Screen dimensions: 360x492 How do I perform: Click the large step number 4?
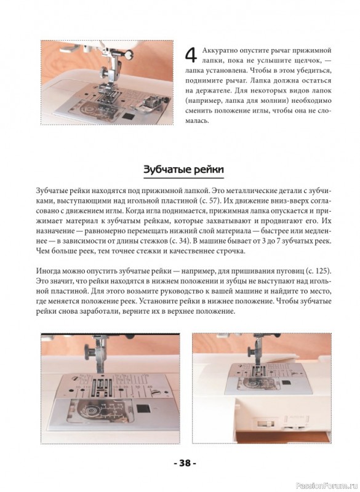pos(191,55)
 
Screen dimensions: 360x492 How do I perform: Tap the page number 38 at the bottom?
pos(185,463)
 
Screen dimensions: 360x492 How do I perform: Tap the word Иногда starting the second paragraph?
pos(47,271)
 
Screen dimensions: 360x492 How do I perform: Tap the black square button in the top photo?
pos(127,116)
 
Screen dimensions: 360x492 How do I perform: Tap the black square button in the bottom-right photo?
pos(286,383)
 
